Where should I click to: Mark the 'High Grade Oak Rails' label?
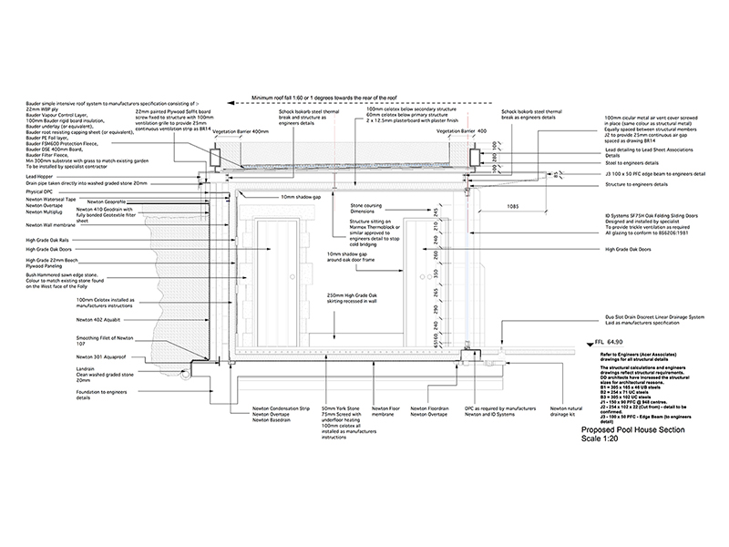click(x=55, y=240)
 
